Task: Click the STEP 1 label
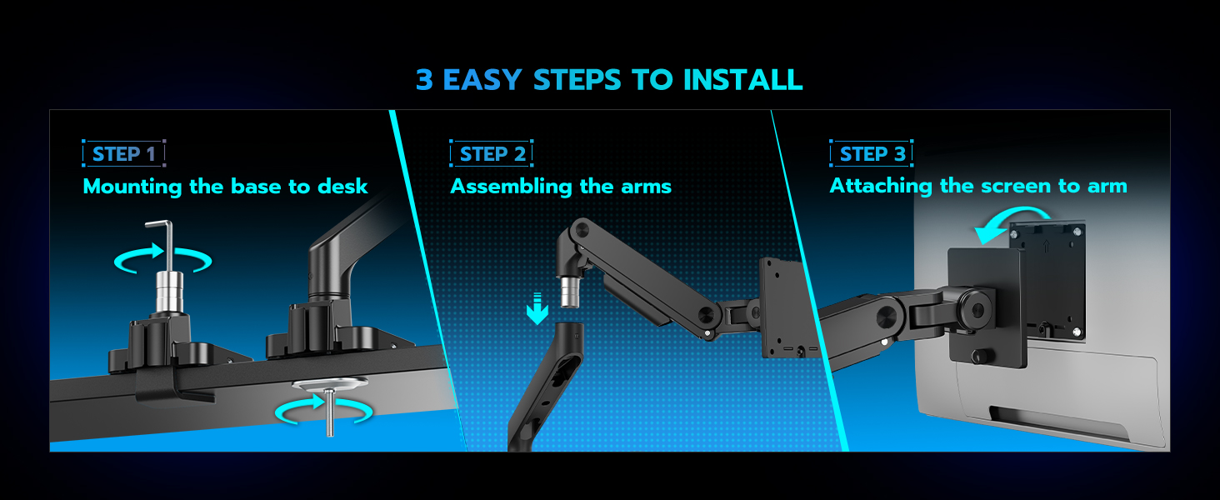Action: (x=123, y=154)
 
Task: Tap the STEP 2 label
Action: (x=492, y=154)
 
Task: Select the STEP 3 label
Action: (x=872, y=154)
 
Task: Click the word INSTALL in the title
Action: (x=742, y=80)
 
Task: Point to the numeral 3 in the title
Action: (x=425, y=80)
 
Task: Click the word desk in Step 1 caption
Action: (x=342, y=187)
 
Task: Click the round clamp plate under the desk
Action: (x=331, y=386)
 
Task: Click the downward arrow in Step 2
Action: (x=537, y=310)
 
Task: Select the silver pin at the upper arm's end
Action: (x=572, y=292)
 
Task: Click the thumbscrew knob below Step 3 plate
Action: (x=977, y=356)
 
